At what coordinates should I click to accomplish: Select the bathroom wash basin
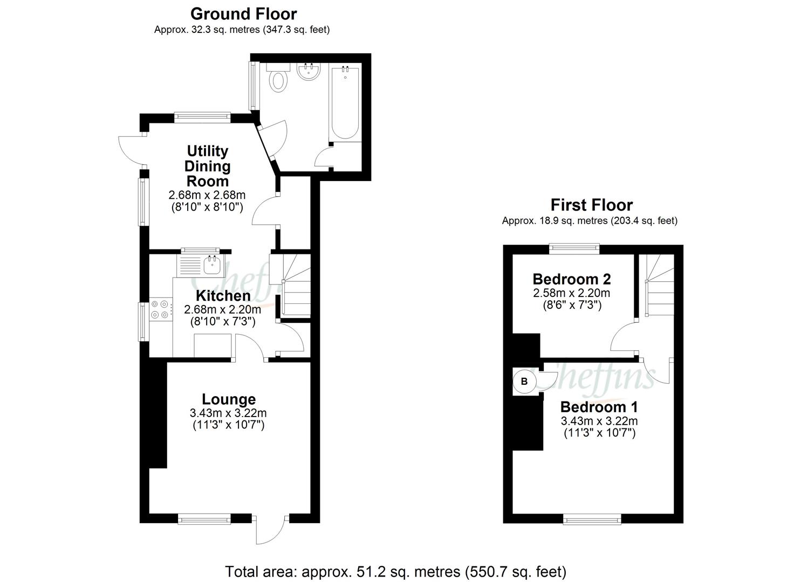pyautogui.click(x=309, y=73)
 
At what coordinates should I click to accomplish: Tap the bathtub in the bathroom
pyautogui.click(x=345, y=102)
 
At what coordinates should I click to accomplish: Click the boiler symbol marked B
pyautogui.click(x=524, y=382)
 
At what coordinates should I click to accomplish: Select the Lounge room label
pyautogui.click(x=229, y=399)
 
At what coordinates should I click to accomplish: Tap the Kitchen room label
pyautogui.click(x=223, y=296)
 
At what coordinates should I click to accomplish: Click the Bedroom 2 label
pyautogui.click(x=571, y=279)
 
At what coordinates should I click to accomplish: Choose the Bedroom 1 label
pyautogui.click(x=599, y=406)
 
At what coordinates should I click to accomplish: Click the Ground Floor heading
pyautogui.click(x=243, y=13)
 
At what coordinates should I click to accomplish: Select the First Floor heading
pyautogui.click(x=591, y=205)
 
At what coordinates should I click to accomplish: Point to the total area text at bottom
pyautogui.click(x=395, y=571)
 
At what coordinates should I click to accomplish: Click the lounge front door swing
pyautogui.click(x=269, y=531)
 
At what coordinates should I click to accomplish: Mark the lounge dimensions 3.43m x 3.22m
pyautogui.click(x=228, y=413)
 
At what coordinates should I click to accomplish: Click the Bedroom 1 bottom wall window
pyautogui.click(x=592, y=519)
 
